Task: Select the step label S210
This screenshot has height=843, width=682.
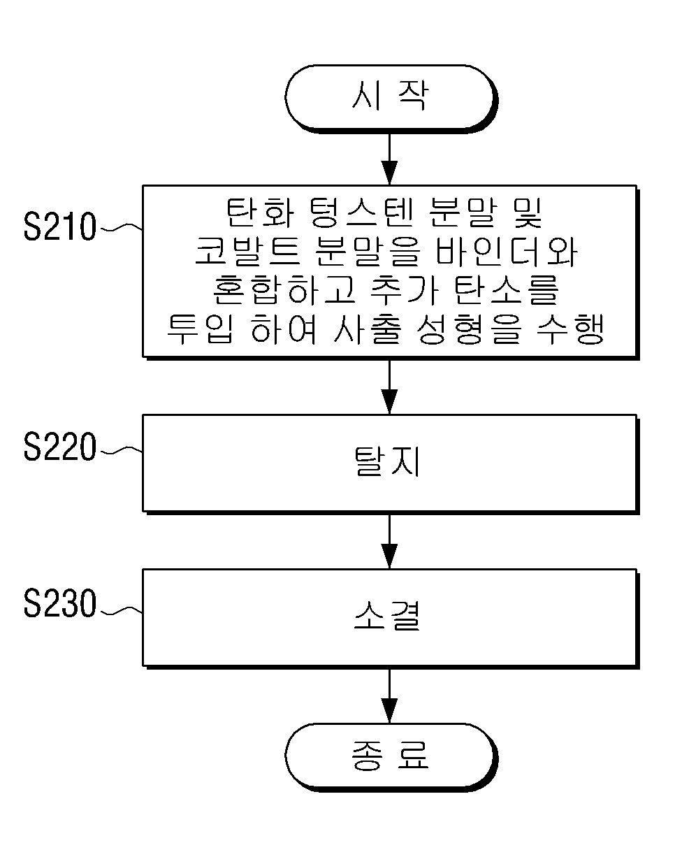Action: coord(59,226)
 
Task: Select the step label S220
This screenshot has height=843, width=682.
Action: coord(59,446)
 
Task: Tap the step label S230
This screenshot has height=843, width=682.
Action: coord(59,603)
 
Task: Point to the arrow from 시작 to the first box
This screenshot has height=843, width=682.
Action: coord(389,159)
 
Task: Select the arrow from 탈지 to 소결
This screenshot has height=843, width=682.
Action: coord(389,542)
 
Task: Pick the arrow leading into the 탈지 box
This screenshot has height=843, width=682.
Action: coord(389,387)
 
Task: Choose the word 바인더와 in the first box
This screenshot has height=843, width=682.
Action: coord(507,252)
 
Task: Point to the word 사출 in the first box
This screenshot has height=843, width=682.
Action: coord(368,329)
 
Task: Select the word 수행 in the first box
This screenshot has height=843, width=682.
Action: coord(570,329)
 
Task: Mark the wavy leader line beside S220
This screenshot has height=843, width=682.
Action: coord(122,450)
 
